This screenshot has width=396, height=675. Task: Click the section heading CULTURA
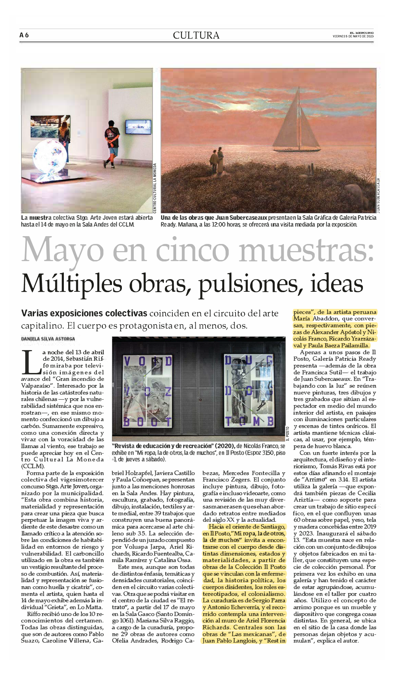tap(196, 35)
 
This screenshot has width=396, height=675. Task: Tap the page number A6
tap(24, 35)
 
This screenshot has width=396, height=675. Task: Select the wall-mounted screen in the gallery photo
tap(138, 127)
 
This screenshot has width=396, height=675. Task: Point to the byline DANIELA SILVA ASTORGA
tap(48, 339)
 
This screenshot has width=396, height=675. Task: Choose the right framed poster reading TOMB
tap(249, 391)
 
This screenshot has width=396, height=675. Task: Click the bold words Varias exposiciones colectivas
tap(84, 313)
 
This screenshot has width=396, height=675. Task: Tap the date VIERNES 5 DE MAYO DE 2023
tap(353, 36)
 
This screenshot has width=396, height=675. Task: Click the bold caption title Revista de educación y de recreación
tap(173, 446)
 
